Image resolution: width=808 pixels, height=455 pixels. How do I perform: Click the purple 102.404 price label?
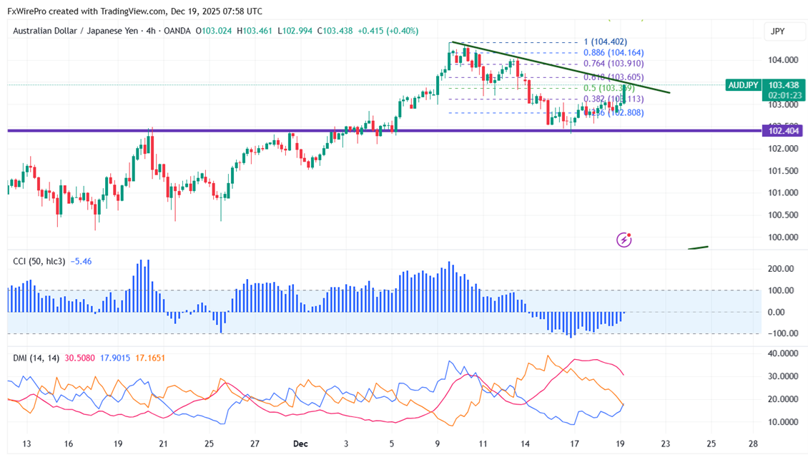point(783,131)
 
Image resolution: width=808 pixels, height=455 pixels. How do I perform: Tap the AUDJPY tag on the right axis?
point(743,85)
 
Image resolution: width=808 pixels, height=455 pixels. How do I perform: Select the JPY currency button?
point(777,31)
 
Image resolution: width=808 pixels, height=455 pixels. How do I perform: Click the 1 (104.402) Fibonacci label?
point(605,42)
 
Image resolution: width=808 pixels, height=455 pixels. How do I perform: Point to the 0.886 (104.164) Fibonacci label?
point(614,53)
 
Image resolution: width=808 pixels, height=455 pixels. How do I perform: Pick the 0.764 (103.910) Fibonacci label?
point(614,64)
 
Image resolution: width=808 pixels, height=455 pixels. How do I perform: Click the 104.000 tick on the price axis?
point(782,60)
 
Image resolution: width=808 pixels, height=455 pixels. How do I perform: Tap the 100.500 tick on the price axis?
point(782,215)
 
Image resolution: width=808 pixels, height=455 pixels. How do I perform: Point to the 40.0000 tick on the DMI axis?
point(782,353)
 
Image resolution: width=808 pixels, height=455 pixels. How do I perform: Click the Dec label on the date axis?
point(300,444)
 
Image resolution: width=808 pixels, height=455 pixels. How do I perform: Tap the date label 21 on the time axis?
point(164,444)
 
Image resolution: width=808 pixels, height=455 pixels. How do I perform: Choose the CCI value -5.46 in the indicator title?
point(82,262)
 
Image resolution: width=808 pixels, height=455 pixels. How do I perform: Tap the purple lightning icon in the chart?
point(624,240)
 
